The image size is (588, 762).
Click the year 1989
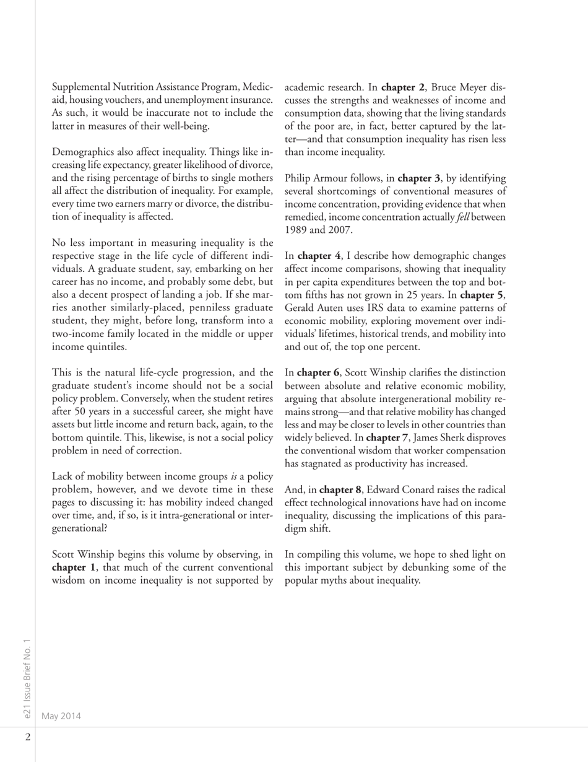(x=296, y=230)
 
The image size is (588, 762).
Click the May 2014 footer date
(x=61, y=716)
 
